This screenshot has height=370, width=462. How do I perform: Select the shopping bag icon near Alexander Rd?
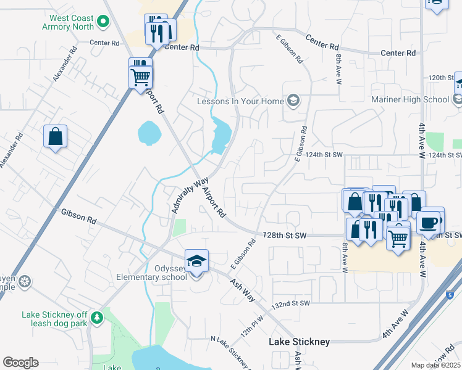pyautogui.click(x=55, y=136)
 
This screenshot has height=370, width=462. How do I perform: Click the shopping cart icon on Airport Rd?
pyautogui.click(x=141, y=77)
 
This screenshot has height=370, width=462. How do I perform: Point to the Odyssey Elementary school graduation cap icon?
pyautogui.click(x=196, y=261)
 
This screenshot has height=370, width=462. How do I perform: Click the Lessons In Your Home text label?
pyautogui.click(x=240, y=101)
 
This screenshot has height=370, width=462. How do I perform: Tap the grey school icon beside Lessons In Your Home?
pyautogui.click(x=293, y=101)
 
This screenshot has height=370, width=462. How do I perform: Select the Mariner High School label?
pyautogui.click(x=410, y=99)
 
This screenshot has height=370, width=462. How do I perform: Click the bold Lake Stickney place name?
pyautogui.click(x=299, y=342)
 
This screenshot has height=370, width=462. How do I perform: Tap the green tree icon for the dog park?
pyautogui.click(x=96, y=318)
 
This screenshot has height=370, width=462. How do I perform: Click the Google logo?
pyautogui.click(x=20, y=363)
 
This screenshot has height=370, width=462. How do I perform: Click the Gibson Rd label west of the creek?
pyautogui.click(x=79, y=216)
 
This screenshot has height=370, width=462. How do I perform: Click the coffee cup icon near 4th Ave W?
pyautogui.click(x=428, y=222)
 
